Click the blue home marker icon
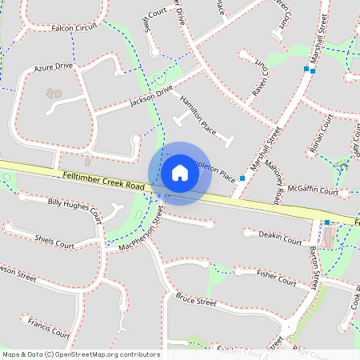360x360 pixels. coord(180,173)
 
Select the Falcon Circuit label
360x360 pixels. coord(74,26)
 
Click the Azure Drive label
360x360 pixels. coord(54,67)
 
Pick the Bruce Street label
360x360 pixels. coord(196,299)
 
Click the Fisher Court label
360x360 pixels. coord(276,277)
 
